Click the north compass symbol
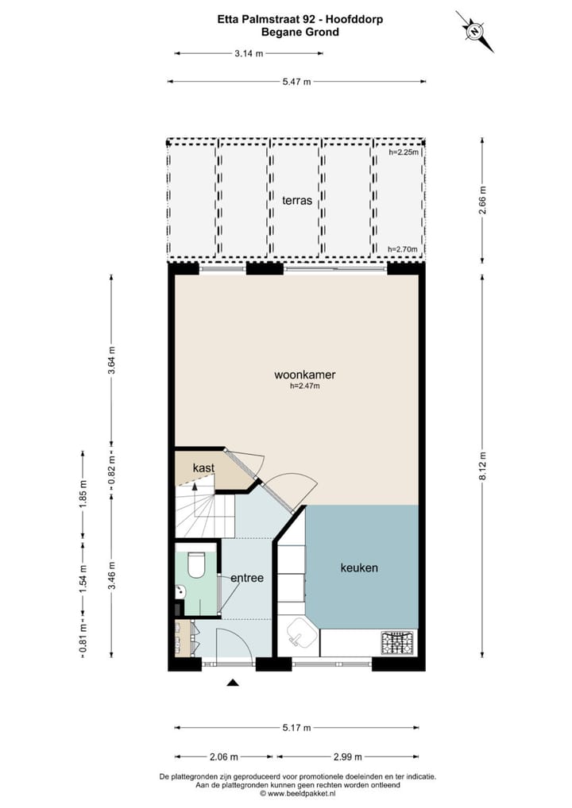click(x=474, y=32)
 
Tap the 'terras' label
click(x=296, y=200)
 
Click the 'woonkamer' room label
click(x=299, y=375)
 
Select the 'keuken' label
click(x=358, y=568)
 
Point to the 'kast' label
click(x=203, y=468)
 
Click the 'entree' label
click(x=246, y=578)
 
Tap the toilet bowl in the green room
click(x=195, y=564)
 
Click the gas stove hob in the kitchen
click(x=398, y=642)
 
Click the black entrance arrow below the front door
click(x=233, y=683)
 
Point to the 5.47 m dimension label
click(x=296, y=81)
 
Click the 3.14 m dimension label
click(x=248, y=53)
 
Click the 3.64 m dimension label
click(x=112, y=360)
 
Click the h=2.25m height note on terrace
click(x=403, y=152)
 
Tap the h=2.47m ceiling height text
click(x=304, y=387)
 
